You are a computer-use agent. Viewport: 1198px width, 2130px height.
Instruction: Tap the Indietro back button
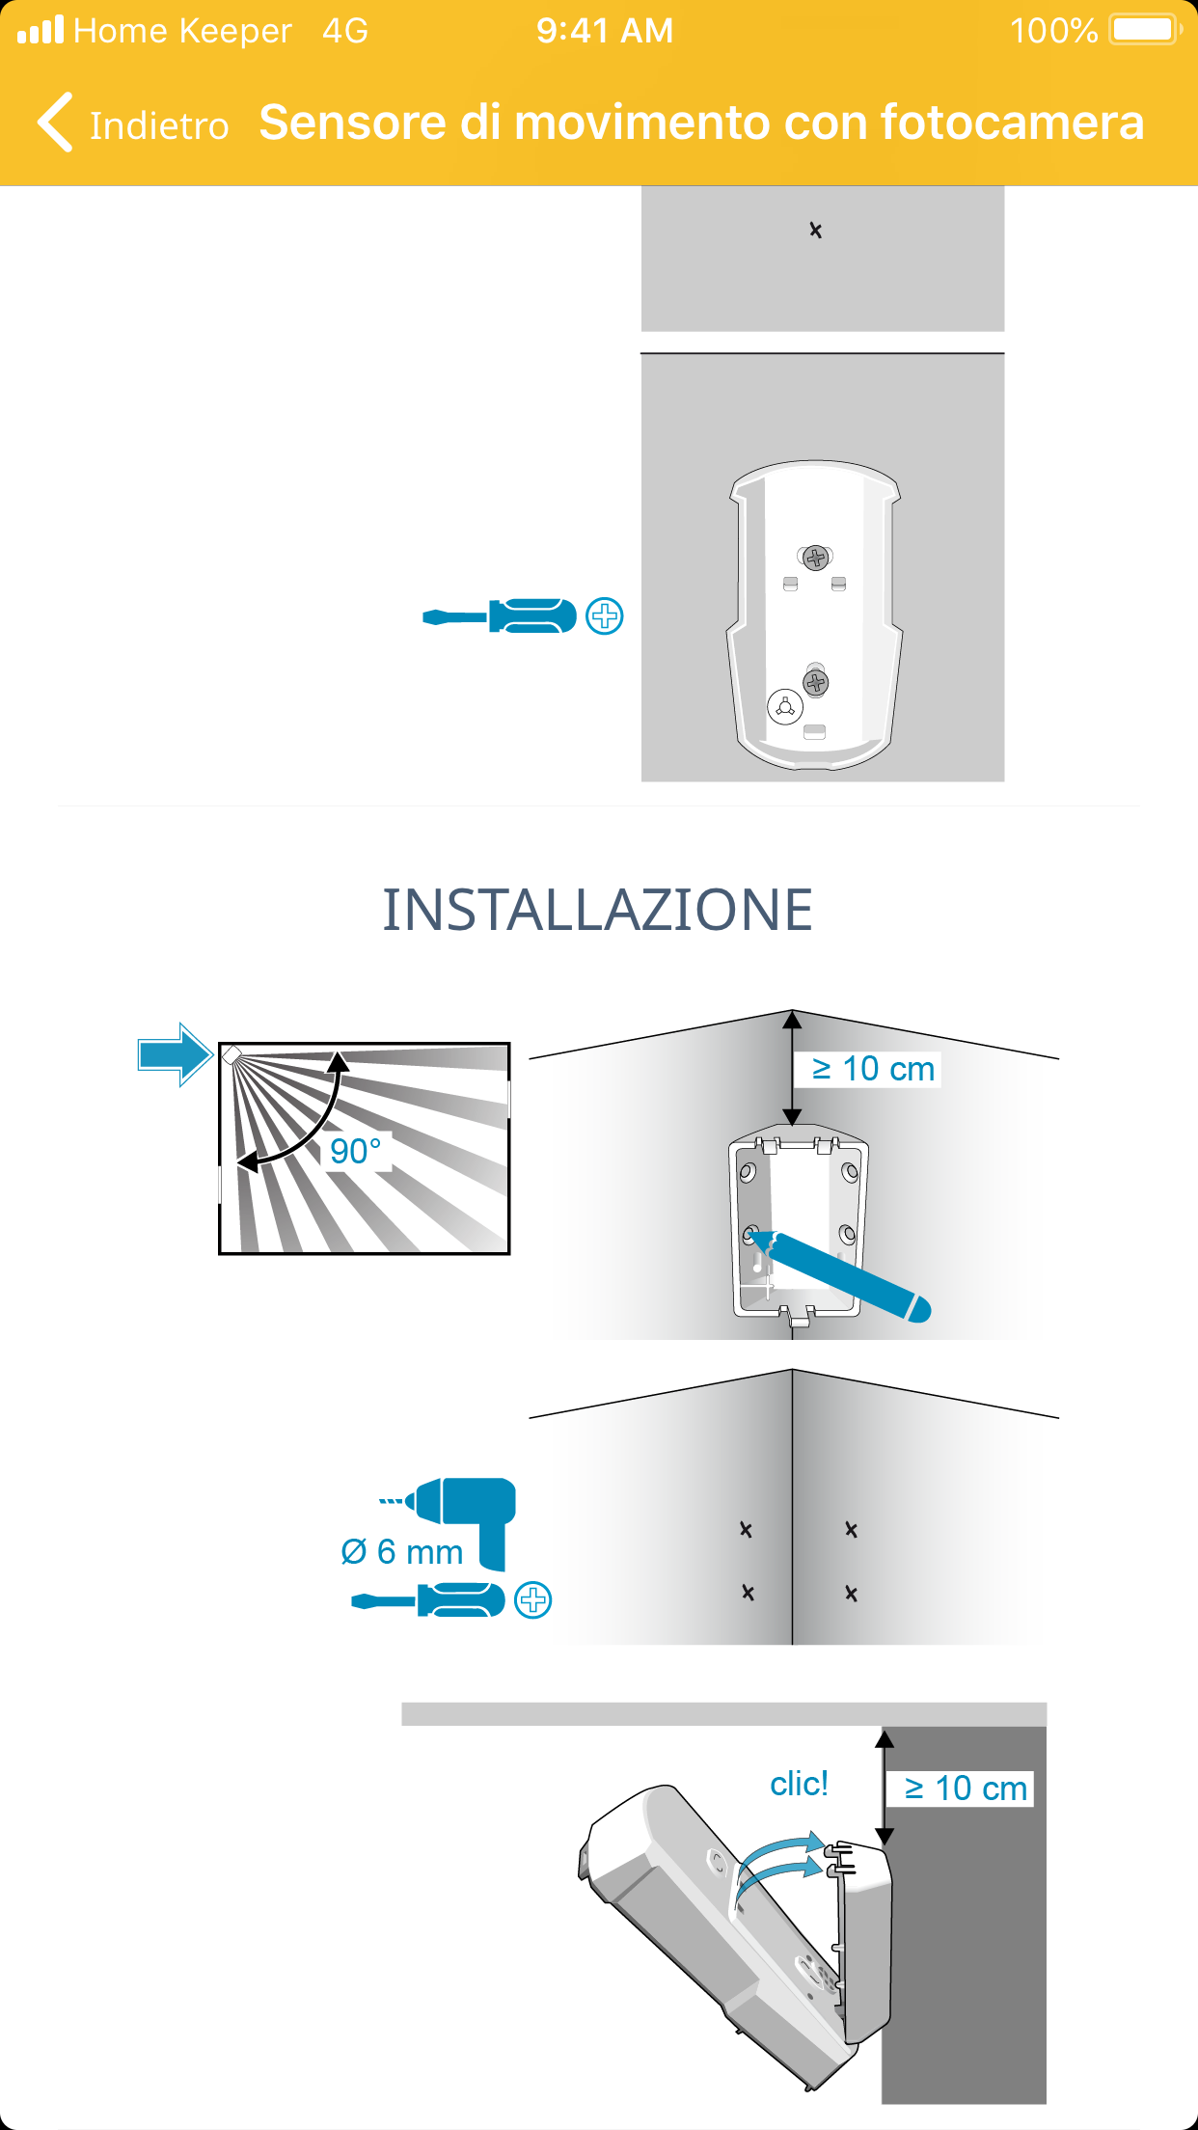[x=133, y=123]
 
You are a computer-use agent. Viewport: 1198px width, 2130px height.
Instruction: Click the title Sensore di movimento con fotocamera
[x=701, y=123]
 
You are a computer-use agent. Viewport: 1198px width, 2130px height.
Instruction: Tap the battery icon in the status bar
[x=1146, y=30]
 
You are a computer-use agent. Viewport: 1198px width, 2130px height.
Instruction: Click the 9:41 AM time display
[x=605, y=31]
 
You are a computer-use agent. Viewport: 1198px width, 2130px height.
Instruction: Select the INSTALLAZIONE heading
[x=598, y=910]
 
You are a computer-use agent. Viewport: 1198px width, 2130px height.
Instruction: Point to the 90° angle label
[x=356, y=1151]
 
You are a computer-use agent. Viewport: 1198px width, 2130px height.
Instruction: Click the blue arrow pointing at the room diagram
[x=175, y=1055]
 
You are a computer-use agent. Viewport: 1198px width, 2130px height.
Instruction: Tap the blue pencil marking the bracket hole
[x=840, y=1274]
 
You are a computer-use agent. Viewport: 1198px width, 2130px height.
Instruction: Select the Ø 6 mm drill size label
[x=402, y=1551]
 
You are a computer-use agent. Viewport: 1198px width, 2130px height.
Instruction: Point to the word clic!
[x=799, y=1784]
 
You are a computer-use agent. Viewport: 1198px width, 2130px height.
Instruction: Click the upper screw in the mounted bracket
[x=816, y=558]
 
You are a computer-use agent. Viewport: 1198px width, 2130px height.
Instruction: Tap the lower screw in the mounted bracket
[x=816, y=683]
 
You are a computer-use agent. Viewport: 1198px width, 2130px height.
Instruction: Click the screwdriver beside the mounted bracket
[x=500, y=615]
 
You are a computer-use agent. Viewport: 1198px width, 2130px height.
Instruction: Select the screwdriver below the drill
[x=428, y=1600]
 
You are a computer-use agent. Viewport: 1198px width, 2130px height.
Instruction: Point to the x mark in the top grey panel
[x=816, y=230]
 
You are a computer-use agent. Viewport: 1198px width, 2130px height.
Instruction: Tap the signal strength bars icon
[x=41, y=30]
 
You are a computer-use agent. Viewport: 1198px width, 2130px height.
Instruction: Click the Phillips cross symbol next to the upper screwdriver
[x=605, y=615]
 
